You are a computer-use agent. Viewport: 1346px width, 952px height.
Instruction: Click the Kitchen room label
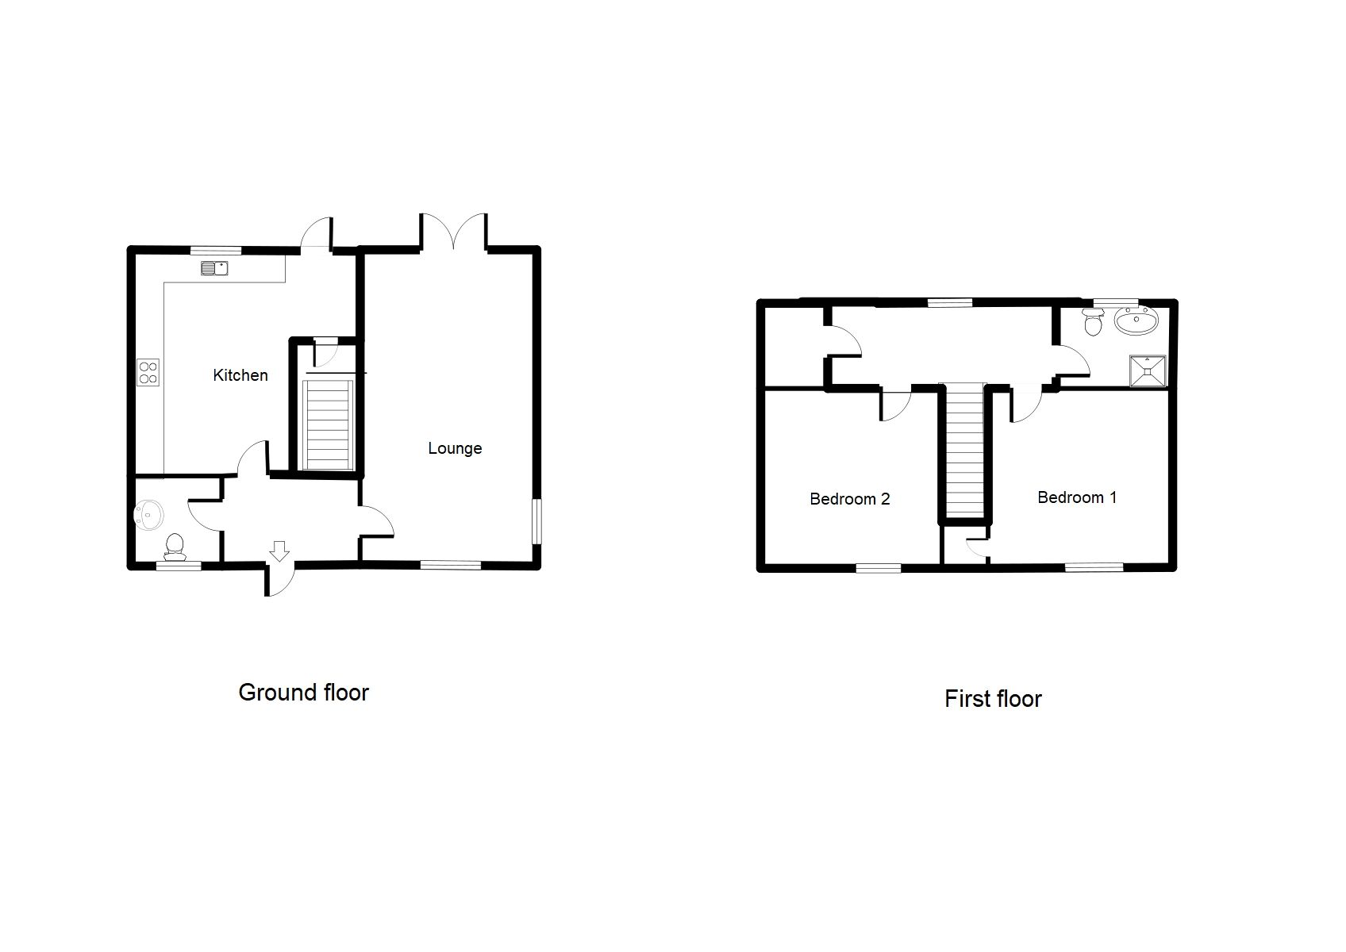tap(240, 375)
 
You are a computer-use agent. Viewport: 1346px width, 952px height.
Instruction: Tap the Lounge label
tap(455, 448)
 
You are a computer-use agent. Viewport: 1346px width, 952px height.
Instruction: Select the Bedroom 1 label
tap(1077, 497)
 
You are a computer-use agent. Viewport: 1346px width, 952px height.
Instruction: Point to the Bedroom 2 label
tap(849, 499)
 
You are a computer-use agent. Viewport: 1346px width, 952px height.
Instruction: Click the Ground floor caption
tap(303, 693)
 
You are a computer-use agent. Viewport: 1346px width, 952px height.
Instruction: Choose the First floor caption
tap(993, 699)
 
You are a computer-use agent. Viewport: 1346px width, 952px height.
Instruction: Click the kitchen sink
tap(214, 269)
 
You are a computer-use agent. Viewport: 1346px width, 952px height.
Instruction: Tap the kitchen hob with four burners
tap(148, 372)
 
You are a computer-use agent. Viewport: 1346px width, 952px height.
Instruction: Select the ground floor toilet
tap(175, 545)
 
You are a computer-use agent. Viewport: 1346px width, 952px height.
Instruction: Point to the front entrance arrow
tap(279, 550)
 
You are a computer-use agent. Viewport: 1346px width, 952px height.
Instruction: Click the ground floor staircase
tap(329, 424)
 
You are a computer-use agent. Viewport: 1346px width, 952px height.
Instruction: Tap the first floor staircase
tap(963, 449)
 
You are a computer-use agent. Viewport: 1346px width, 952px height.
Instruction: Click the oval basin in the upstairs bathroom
tap(1136, 321)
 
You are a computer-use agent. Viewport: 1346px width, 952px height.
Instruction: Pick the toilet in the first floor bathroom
tap(1094, 321)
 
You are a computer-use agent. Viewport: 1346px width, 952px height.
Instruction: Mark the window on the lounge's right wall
tap(537, 520)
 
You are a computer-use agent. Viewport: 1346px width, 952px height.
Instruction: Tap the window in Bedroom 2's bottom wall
tap(879, 567)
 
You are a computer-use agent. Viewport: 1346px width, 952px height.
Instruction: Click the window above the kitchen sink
tap(215, 250)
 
